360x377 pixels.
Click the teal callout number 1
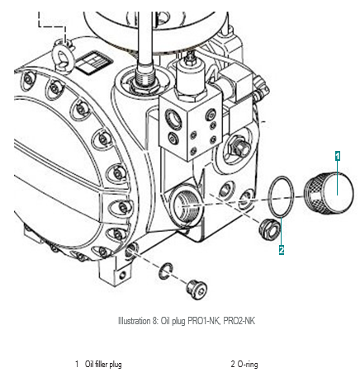click(338, 156)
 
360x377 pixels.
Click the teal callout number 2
click(282, 250)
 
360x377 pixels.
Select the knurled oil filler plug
click(329, 192)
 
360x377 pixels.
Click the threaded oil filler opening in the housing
click(185, 206)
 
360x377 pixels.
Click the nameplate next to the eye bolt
click(94, 63)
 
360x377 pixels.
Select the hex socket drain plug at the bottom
click(197, 290)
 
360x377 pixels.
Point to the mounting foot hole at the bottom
click(123, 274)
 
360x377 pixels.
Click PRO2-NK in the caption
click(239, 321)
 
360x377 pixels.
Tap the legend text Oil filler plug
click(103, 365)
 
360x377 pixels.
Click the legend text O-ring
click(248, 365)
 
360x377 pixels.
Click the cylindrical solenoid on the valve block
click(192, 76)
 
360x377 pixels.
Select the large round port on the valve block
click(173, 120)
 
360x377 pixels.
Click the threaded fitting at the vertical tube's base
click(145, 78)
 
